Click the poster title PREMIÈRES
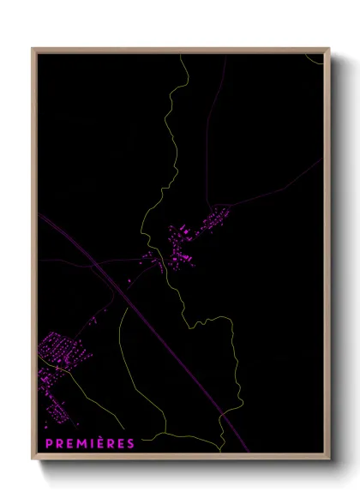(89, 443)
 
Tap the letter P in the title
(48, 443)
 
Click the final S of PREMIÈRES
(130, 443)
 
